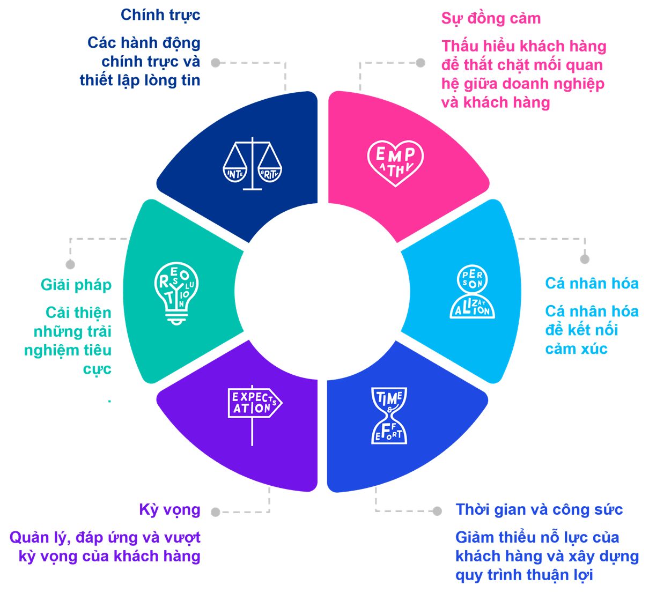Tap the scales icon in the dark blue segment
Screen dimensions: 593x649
[253, 164]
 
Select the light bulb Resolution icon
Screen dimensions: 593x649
[176, 293]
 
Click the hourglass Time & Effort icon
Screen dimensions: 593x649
[389, 416]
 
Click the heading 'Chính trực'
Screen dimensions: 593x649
[160, 15]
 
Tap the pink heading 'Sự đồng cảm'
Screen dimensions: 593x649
[491, 19]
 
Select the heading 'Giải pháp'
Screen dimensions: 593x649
[76, 285]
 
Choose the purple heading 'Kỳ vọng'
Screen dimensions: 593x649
[169, 509]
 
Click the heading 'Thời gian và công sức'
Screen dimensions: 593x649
[539, 509]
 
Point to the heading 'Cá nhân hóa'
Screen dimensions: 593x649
[592, 283]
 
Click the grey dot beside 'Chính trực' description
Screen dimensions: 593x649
[216, 63]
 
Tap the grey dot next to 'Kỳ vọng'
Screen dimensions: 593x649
[216, 512]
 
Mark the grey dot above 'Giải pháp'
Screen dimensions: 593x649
[70, 264]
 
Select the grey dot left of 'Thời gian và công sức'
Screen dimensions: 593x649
[437, 511]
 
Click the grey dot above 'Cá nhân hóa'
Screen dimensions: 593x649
[585, 259]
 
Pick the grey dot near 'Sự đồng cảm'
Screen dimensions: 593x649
[421, 63]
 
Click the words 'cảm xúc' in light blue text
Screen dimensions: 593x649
[576, 349]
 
